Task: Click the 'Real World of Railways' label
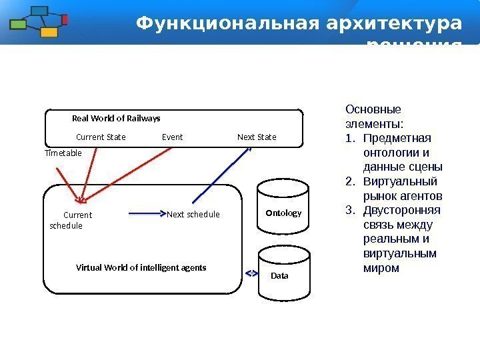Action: point(116,119)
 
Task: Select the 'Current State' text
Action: point(101,137)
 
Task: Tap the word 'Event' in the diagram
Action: point(172,137)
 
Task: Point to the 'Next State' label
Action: point(257,137)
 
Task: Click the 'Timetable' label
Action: point(63,153)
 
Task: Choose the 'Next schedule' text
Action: point(193,215)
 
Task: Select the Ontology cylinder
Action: point(283,207)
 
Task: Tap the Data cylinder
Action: point(283,270)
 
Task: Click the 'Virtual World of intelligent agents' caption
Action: point(141,267)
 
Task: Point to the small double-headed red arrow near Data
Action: point(251,273)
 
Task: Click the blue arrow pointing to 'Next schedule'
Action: point(147,214)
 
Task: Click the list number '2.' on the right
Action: point(350,181)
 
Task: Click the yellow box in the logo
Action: point(48,31)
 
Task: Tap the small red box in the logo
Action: point(65,19)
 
